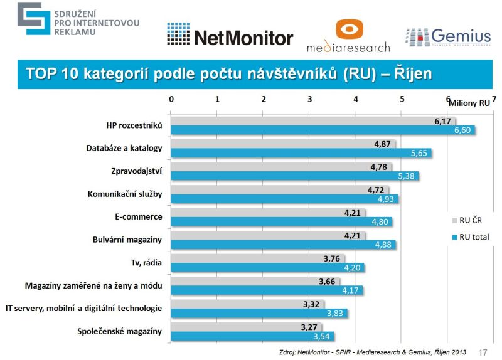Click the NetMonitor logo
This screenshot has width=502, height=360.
(230, 37)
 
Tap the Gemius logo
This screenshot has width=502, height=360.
(447, 36)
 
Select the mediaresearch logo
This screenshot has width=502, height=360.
(348, 36)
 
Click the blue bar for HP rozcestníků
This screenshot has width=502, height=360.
(323, 130)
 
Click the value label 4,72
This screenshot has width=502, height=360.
(376, 189)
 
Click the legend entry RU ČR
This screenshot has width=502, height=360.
(470, 220)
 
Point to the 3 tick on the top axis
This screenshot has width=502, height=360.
(310, 99)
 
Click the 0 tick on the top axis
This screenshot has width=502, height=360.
(171, 99)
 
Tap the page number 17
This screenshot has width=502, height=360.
(483, 352)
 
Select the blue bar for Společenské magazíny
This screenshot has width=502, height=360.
(253, 336)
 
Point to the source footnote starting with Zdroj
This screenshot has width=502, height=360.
(373, 352)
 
